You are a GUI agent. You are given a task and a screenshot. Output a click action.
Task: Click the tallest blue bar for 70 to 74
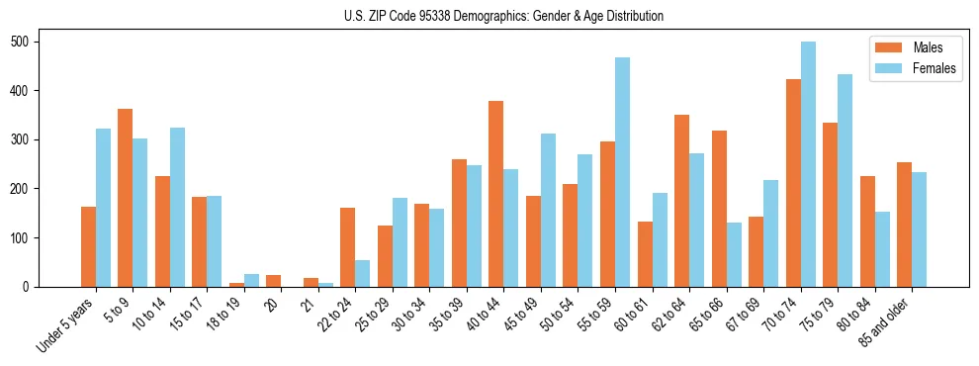tap(808, 164)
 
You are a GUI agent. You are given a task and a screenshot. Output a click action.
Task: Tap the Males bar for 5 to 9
tap(126, 198)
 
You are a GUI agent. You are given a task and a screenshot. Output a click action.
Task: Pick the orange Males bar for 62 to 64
tap(681, 201)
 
